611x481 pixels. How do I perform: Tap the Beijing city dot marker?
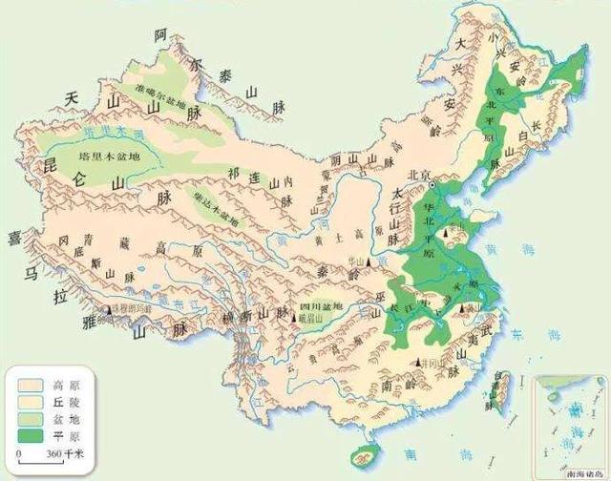tap(431, 182)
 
